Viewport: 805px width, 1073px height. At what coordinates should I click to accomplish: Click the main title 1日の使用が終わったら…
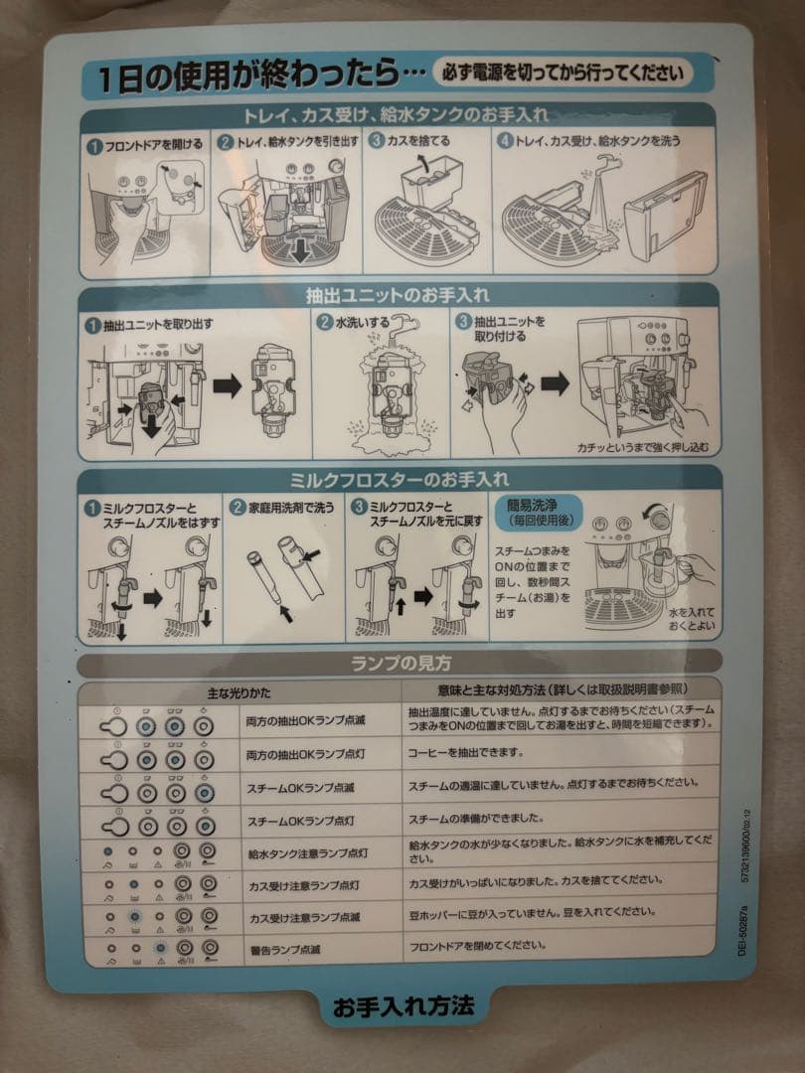254,77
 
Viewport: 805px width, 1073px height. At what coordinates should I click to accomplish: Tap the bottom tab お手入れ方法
403,1004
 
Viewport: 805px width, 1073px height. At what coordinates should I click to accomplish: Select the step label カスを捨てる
417,141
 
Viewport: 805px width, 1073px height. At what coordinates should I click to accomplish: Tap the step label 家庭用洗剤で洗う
290,506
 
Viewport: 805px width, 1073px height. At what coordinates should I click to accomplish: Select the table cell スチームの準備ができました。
477,819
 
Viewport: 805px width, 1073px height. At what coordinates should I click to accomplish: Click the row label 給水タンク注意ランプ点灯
308,852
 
